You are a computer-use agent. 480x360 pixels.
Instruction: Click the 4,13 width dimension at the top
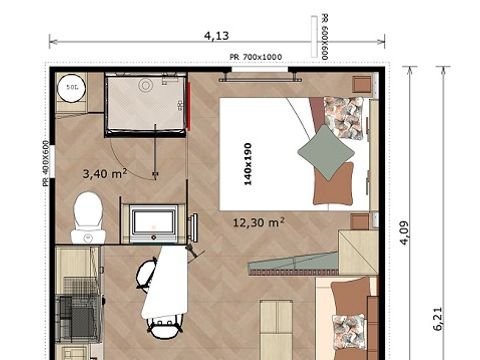pos(215,35)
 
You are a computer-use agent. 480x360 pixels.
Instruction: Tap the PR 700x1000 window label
pos(256,57)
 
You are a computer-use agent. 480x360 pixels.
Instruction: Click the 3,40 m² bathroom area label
pos(105,173)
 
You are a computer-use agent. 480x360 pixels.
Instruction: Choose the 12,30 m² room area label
pos(259,222)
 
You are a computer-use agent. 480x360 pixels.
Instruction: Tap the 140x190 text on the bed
pos(246,158)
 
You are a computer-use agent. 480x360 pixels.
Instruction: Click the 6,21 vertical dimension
pos(438,318)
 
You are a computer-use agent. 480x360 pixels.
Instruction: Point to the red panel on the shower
pos(187,107)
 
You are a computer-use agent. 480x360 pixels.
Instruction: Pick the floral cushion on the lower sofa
pos(351,331)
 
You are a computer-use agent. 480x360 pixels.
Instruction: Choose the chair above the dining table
pos(146,271)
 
